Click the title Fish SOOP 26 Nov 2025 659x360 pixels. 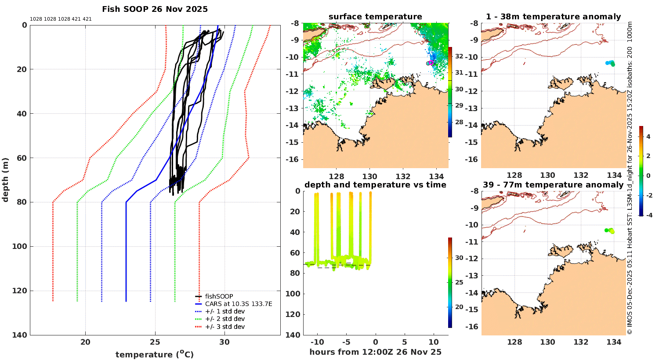click(155, 9)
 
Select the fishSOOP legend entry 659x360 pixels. click(219, 296)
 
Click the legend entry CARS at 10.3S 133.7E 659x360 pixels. click(238, 304)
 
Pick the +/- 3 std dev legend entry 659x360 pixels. click(224, 327)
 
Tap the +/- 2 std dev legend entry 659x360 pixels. click(224, 319)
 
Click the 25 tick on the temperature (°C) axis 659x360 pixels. click(155, 342)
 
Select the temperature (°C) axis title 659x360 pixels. click(154, 354)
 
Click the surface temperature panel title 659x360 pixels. click(375, 17)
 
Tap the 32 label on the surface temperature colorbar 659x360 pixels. click(459, 56)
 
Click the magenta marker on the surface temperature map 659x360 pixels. click(431, 63)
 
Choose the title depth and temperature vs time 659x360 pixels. click(375, 185)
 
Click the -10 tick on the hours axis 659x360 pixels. click(317, 342)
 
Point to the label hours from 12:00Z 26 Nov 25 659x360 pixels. click(375, 352)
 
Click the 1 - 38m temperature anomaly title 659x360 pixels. click(553, 17)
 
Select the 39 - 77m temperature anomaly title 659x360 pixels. click(553, 185)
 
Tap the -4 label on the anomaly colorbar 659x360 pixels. click(648, 215)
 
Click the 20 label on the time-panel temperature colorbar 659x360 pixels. click(459, 307)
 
